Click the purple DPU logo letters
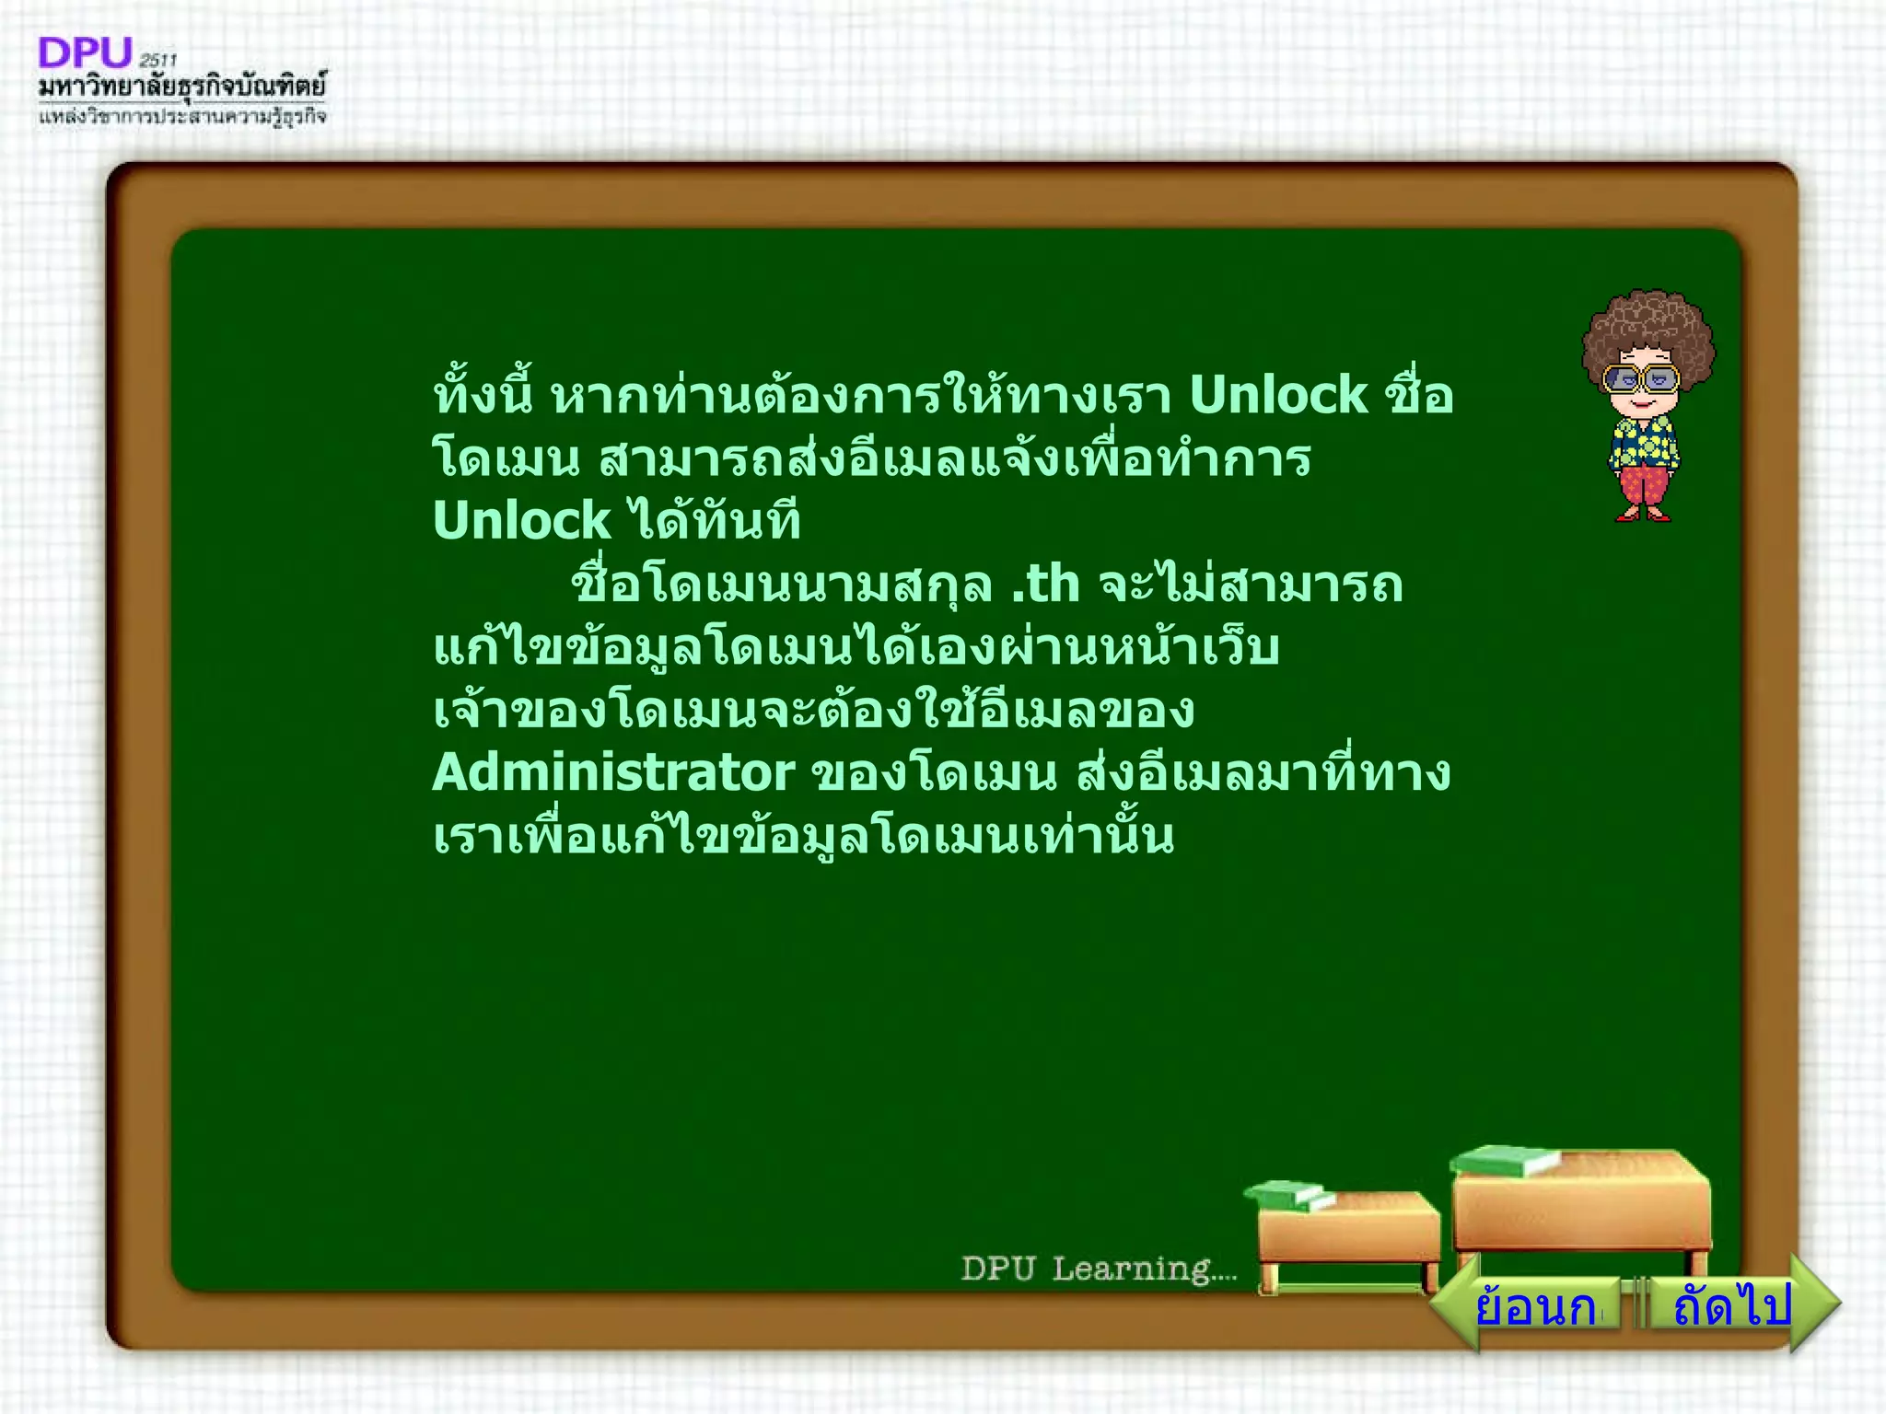pos(85,53)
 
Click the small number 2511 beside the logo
pos(157,61)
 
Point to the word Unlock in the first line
pos(1278,396)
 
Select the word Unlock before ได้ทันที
pos(521,521)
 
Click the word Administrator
pos(613,772)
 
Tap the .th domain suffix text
pos(1045,585)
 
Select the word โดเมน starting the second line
pos(506,458)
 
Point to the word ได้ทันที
pos(715,521)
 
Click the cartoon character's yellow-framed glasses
pos(1641,378)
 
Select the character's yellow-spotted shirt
pos(1645,439)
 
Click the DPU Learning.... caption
pos(1099,1269)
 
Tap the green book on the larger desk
pos(1503,1160)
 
